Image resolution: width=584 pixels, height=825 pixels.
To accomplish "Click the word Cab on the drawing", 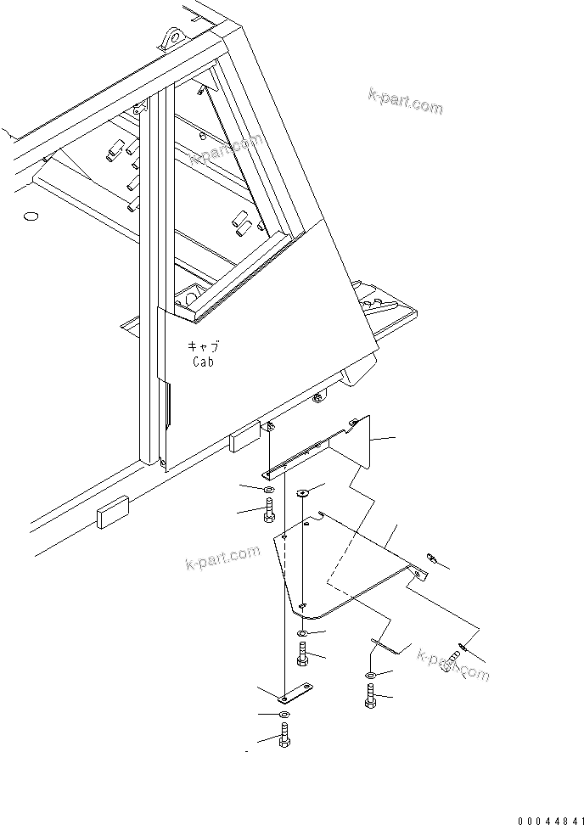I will coord(202,361).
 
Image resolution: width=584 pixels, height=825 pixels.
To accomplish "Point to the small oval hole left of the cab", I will coord(31,217).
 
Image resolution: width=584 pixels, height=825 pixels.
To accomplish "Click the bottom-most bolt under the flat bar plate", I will coord(284,736).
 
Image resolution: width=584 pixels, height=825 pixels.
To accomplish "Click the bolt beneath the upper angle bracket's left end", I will coord(269,511).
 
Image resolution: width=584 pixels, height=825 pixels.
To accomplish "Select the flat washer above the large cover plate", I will coord(303,493).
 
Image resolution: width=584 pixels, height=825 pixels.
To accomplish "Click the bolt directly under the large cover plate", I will coord(303,654).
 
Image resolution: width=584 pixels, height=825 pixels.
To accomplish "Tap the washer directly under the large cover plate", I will coord(303,634).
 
